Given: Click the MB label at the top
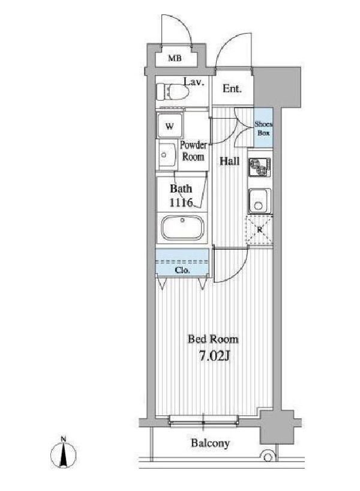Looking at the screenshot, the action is coord(175,58).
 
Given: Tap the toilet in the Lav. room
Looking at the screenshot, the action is coord(172,92).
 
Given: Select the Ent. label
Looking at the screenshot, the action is coord(232,89).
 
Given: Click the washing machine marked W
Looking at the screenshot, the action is coord(170,126).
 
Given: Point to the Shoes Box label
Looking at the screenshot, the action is coord(263,128).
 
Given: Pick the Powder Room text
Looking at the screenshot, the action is coord(193,151).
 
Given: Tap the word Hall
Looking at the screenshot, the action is coord(229,161).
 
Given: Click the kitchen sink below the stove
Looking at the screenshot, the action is coord(260,201).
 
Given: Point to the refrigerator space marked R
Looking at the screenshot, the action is coord(260,230).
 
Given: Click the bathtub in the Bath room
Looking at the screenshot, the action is coord(182,227).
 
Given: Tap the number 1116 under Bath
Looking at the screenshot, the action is coord(181,203).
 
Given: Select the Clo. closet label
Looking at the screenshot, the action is coord(182,270).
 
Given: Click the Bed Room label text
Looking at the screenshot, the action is coord(213,339).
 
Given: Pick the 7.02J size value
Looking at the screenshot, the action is coord(215,356).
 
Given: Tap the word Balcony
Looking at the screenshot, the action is coord(211,443).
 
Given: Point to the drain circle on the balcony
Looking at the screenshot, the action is coord(267,457).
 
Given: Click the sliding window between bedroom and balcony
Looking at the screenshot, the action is coord(203,420).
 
